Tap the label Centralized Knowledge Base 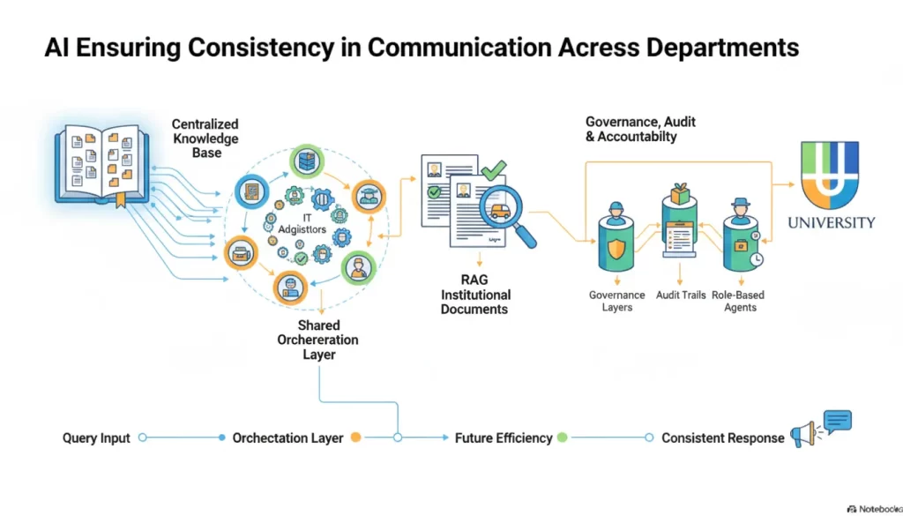[205, 138]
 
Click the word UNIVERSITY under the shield [831, 222]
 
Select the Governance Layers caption [617, 301]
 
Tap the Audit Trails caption [681, 295]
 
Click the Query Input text [96, 437]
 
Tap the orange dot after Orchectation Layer [355, 437]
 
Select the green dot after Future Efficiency [563, 437]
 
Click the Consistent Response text [722, 437]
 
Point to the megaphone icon [803, 434]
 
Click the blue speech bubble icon [837, 421]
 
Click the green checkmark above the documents [493, 168]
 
